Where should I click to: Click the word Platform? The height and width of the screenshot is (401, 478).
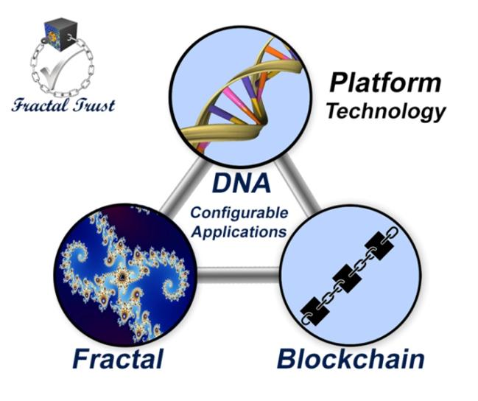pyautogui.click(x=384, y=83)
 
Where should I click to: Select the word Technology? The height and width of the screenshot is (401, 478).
pyautogui.click(x=386, y=111)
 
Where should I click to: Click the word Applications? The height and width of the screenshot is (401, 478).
pyautogui.click(x=237, y=231)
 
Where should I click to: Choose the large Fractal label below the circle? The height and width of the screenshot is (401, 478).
pyautogui.click(x=119, y=360)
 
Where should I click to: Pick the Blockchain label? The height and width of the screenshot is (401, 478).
pyautogui.click(x=350, y=360)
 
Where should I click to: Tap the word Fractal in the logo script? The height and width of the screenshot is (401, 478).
pyautogui.click(x=41, y=105)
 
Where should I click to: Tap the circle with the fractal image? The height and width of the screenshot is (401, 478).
pyautogui.click(x=121, y=273)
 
